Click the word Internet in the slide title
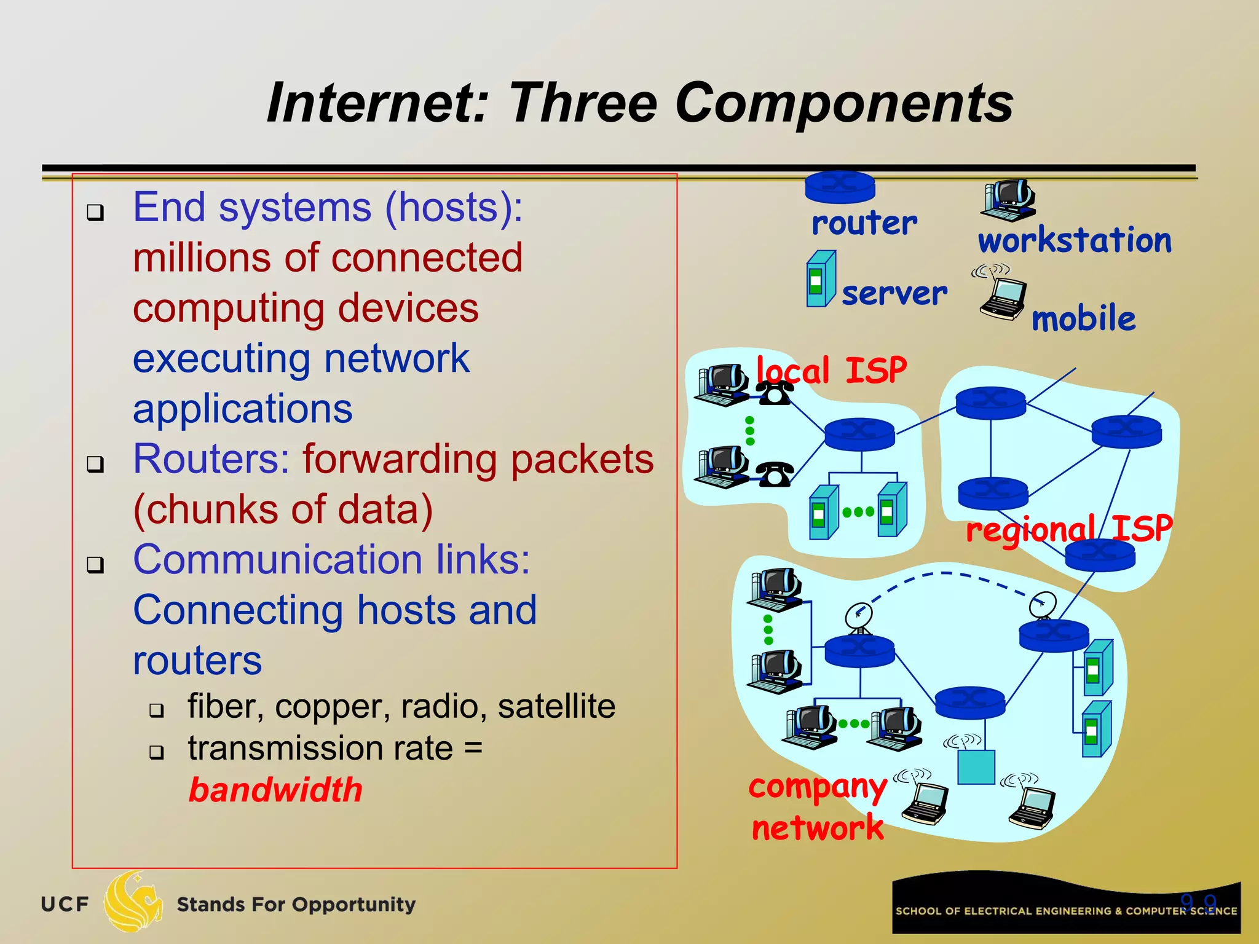(x=377, y=103)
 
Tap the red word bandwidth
(x=275, y=790)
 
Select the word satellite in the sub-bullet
(x=556, y=706)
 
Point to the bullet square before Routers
(x=95, y=464)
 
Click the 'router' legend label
(x=864, y=222)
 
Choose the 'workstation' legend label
(x=1075, y=240)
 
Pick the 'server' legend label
(x=894, y=293)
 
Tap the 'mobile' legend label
(x=1083, y=319)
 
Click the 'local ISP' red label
(x=831, y=371)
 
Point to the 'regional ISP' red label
(x=1068, y=529)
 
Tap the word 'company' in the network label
(x=818, y=787)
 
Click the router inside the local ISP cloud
(x=859, y=434)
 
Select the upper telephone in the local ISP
(x=775, y=393)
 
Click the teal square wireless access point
(x=976, y=767)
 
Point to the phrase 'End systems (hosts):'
(x=328, y=208)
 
